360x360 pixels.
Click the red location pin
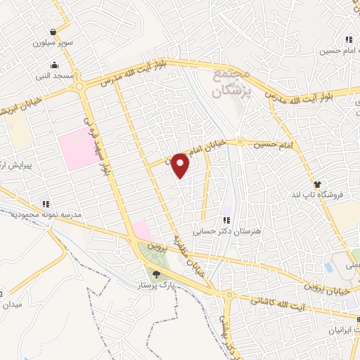pos(181,165)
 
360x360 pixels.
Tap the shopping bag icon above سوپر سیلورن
pos(54,31)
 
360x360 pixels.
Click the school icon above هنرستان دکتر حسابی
pos(226,220)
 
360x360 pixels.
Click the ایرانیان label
pos(337,329)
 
